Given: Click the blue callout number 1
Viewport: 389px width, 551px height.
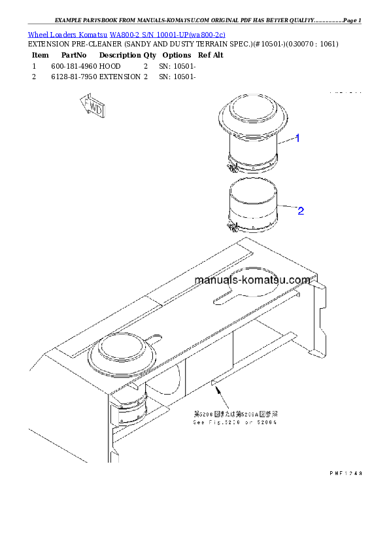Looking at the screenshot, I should click(x=297, y=138).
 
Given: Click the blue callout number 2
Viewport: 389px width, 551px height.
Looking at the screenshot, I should click(x=300, y=210).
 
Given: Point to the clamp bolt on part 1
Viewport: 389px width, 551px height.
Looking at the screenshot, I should click(x=230, y=166).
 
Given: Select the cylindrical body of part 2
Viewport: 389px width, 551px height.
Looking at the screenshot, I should click(x=253, y=203).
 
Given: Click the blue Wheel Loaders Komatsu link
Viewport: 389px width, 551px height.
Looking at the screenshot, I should click(x=126, y=34).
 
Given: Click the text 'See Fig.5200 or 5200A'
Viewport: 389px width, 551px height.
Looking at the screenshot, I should click(x=235, y=423).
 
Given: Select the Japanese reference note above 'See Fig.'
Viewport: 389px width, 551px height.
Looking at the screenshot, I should click(x=235, y=414).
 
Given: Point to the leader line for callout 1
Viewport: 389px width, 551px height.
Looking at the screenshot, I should click(x=286, y=140).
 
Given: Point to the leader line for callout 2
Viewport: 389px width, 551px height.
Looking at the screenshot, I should click(x=287, y=209).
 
